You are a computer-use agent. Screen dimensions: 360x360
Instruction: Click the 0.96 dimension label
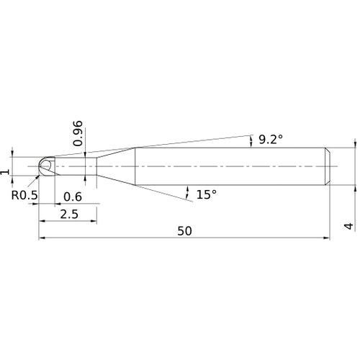coord(78,134)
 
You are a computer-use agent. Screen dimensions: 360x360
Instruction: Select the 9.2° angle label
coord(271,139)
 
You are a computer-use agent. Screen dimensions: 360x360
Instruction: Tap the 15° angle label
coord(207,194)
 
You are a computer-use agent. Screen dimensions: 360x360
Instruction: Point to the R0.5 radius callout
coord(24,195)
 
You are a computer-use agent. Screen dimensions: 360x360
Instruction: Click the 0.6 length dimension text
coord(73,197)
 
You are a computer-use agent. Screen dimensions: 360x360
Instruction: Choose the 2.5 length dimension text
coord(69,214)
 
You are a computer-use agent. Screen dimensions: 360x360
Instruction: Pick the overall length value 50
coord(185,231)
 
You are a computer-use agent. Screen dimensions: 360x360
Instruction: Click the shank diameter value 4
coord(348,226)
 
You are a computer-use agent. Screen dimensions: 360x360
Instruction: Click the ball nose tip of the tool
coord(39,166)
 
